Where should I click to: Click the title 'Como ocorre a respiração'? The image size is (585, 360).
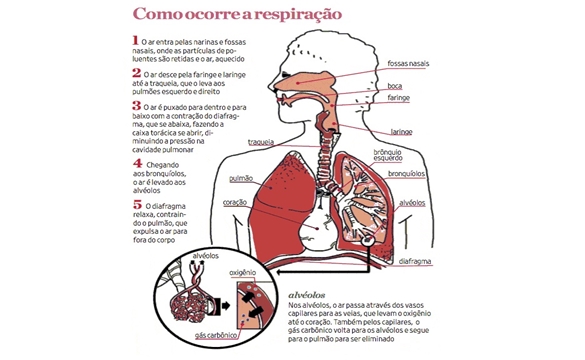237,14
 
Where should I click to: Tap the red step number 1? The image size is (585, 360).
135,40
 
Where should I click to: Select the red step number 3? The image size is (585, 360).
137,105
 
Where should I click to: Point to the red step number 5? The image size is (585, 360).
137,204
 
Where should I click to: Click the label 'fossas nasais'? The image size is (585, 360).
408,63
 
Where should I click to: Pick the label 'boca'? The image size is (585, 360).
394,86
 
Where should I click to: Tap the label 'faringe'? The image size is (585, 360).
398,98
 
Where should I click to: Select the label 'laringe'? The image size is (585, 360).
401,132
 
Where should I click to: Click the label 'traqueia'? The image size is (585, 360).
261,142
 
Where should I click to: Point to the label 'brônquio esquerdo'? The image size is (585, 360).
388,155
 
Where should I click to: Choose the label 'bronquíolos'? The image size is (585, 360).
406,174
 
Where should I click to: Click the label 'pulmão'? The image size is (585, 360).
241,178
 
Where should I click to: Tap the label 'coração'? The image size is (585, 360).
235,202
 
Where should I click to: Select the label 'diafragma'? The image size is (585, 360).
415,262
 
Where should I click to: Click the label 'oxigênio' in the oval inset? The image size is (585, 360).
243,273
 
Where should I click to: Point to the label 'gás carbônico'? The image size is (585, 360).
216,335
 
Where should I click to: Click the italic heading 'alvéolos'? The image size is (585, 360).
307,295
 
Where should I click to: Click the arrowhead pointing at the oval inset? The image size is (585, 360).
280,272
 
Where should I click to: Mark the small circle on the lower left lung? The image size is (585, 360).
368,241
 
